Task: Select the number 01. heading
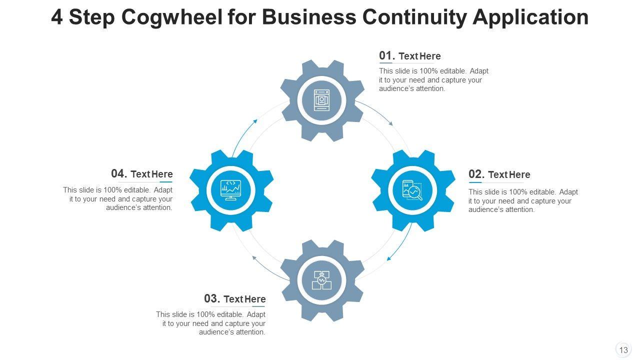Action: click(387, 55)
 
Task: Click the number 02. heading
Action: click(476, 174)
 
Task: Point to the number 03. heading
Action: click(212, 298)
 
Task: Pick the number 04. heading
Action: click(119, 173)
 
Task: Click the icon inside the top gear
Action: click(321, 100)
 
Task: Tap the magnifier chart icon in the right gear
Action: click(412, 190)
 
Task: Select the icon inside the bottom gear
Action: click(321, 280)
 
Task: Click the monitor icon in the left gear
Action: click(231, 190)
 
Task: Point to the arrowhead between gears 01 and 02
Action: click(391, 123)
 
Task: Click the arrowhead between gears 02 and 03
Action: click(388, 258)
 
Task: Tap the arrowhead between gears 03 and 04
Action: click(254, 258)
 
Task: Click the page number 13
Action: click(623, 350)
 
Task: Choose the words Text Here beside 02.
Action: click(509, 174)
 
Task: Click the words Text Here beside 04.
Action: click(151, 174)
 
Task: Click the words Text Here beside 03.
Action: click(244, 299)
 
